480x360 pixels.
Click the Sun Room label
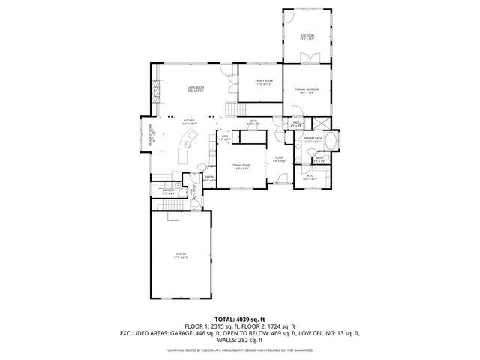pyautogui.click(x=307, y=37)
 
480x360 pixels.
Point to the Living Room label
pyautogui.click(x=196, y=89)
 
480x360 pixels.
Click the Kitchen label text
pyautogui.click(x=189, y=121)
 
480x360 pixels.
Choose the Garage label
pyautogui.click(x=181, y=255)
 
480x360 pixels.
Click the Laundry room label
pyautogui.click(x=168, y=192)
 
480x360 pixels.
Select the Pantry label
pyautogui.click(x=210, y=178)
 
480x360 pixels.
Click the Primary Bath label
pyautogui.click(x=313, y=139)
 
